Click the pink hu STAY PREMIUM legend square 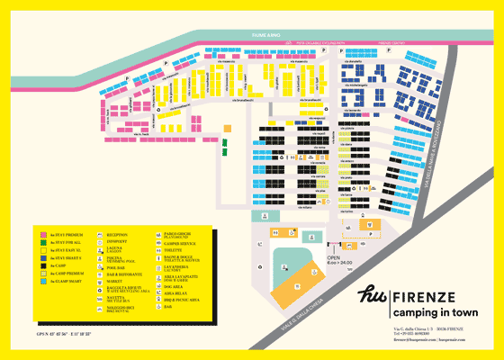click(42, 233)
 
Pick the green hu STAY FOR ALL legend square click(42, 242)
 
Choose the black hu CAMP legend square click(42, 266)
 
